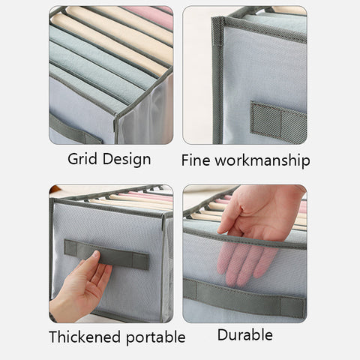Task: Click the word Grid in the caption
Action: [x=82, y=159]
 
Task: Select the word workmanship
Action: [x=263, y=160]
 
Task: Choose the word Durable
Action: [x=244, y=334]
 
